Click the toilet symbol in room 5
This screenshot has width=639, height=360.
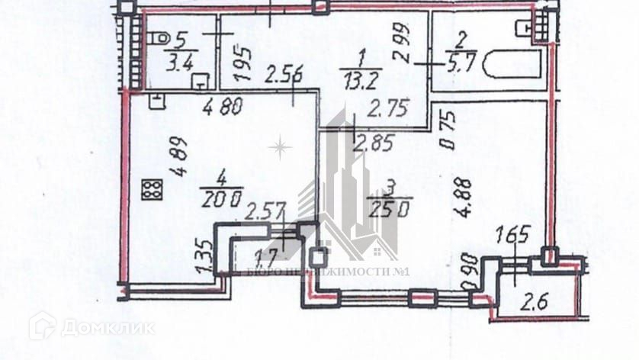[159, 38]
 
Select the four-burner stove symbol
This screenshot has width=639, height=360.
[152, 187]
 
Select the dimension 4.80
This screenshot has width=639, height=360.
[223, 107]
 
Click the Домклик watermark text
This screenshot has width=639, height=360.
[107, 328]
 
